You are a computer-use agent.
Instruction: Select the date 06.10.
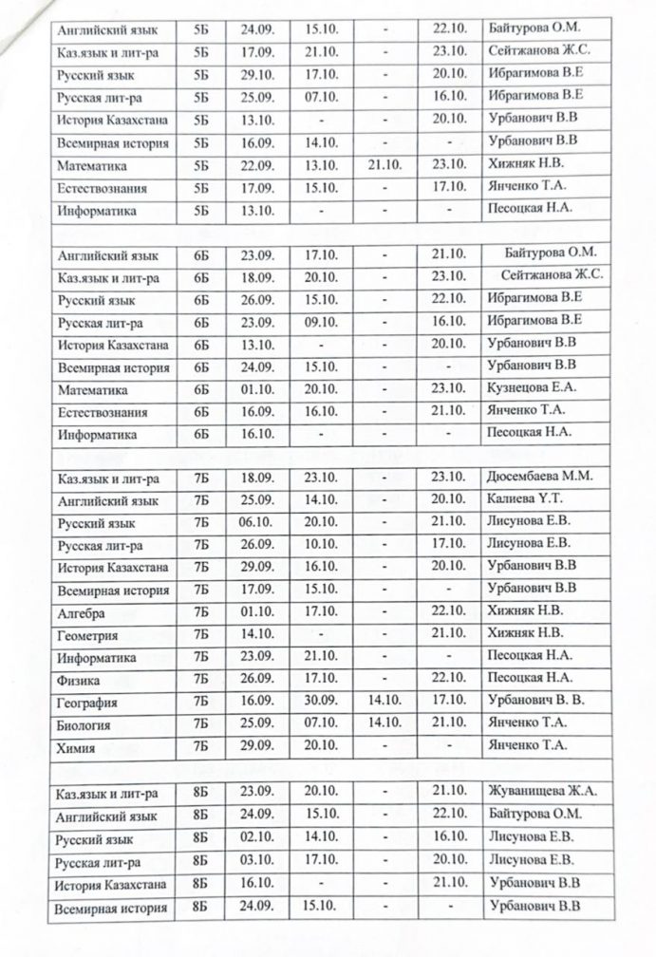252,521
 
